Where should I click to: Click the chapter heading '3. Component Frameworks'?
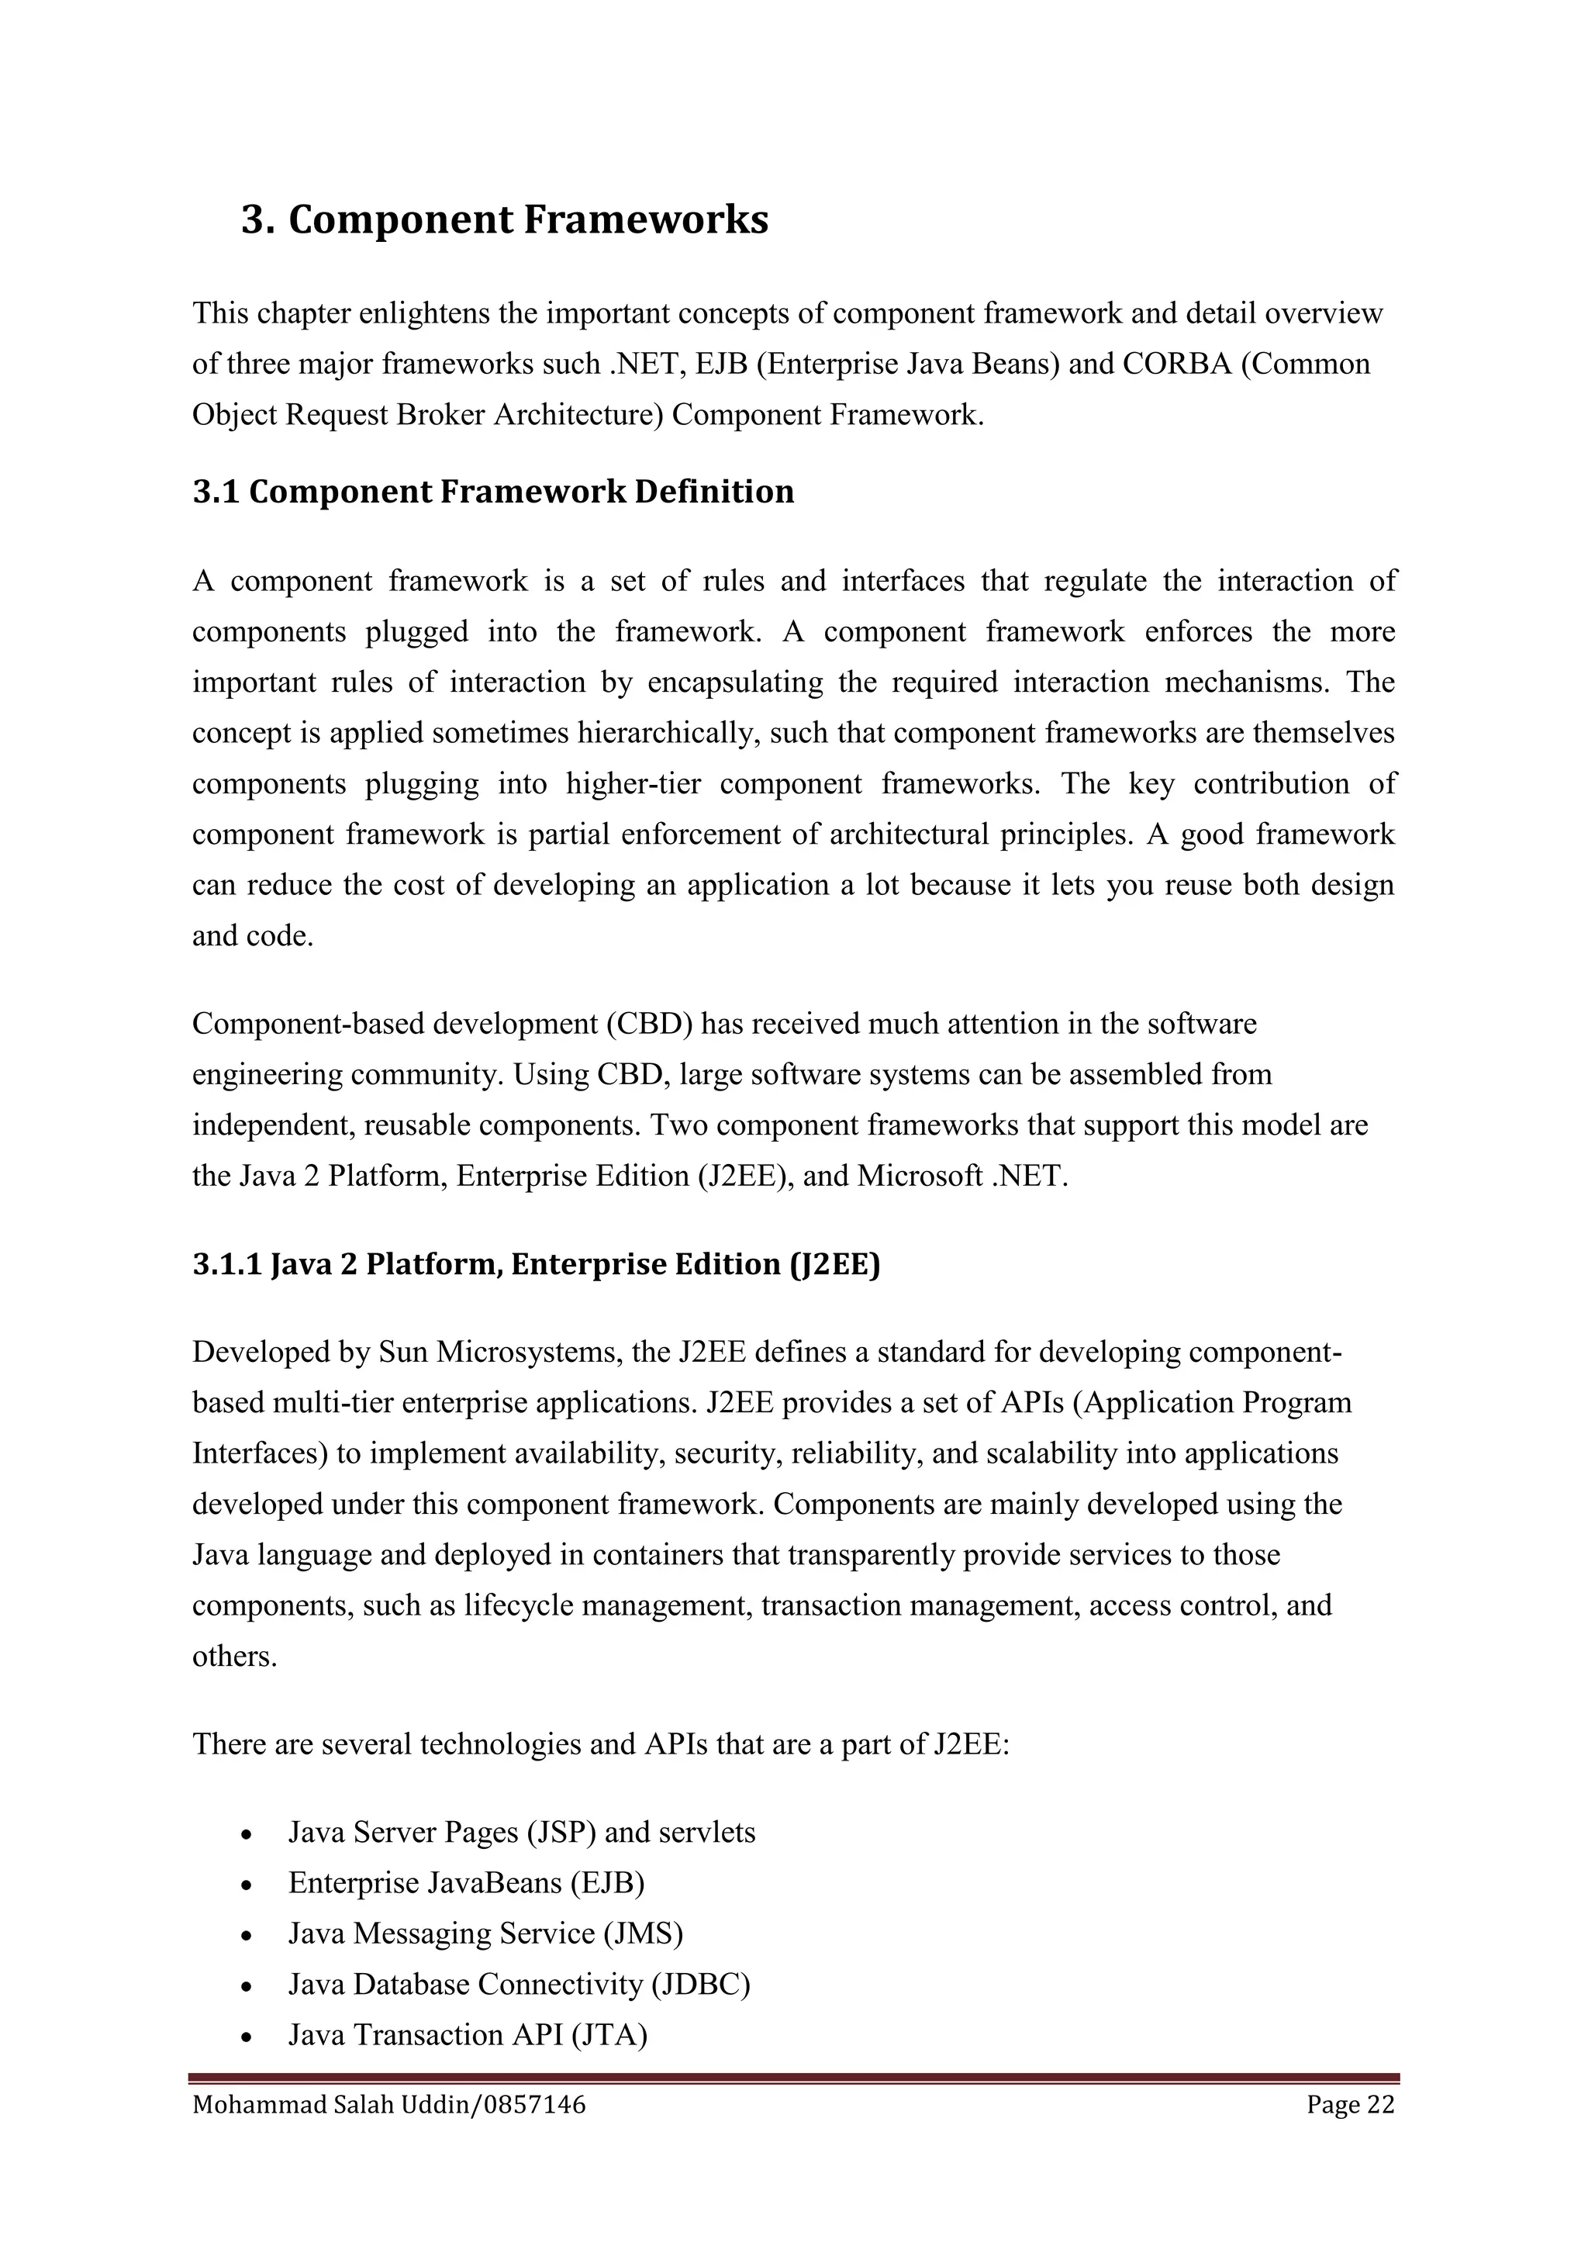point(505,219)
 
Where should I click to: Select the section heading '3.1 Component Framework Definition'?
point(493,491)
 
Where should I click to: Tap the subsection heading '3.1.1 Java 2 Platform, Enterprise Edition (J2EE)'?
point(536,1265)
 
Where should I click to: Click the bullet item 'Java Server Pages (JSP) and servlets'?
point(521,1832)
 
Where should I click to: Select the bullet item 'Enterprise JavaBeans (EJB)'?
point(467,1883)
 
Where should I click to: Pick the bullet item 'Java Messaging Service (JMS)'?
point(485,1934)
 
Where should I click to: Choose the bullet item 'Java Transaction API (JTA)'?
point(468,2035)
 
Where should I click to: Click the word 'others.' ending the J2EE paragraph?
point(235,1656)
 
